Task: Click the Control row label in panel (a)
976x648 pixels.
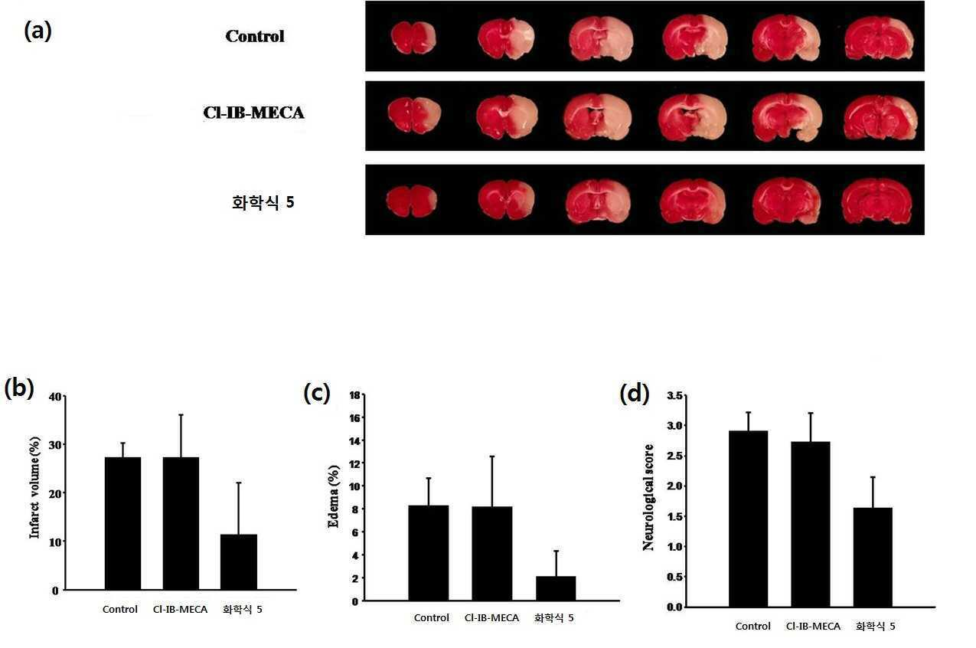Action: (255, 36)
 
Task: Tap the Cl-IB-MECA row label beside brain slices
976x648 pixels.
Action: (253, 113)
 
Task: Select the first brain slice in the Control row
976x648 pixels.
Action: (413, 38)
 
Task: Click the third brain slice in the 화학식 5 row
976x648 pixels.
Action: (598, 201)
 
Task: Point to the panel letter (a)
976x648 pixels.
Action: (38, 31)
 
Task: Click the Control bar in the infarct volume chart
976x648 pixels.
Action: (123, 523)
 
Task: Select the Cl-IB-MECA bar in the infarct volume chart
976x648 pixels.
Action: (181, 523)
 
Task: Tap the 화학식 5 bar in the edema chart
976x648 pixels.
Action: (556, 588)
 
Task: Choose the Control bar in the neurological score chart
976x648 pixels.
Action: (748, 519)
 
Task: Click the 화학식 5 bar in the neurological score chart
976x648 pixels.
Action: (873, 557)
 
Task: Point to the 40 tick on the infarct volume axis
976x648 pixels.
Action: (55, 397)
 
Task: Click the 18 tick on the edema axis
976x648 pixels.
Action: (354, 395)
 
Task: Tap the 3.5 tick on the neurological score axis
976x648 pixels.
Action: (675, 395)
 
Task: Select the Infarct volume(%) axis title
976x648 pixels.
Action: (34, 487)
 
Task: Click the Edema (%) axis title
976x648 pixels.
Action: (333, 496)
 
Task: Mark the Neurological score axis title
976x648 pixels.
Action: (648, 498)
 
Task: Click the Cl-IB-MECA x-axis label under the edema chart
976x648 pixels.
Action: (491, 618)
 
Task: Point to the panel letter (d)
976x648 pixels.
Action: (635, 394)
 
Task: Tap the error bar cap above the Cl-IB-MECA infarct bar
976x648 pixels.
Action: (181, 414)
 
